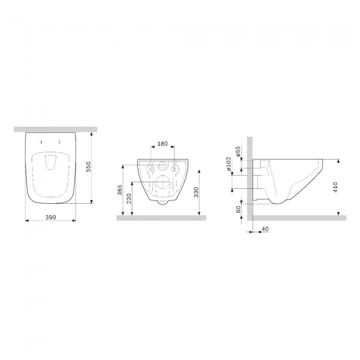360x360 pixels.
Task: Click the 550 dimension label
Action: point(89,167)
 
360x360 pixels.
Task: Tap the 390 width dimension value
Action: point(50,217)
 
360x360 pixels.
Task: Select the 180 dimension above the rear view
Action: point(162,144)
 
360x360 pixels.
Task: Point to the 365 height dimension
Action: point(120,190)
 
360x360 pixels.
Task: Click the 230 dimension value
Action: point(129,198)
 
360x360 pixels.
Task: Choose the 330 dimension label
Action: point(196,192)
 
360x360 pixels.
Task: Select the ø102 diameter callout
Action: point(228,164)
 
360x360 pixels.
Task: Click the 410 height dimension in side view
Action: point(335,187)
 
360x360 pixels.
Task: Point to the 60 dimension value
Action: point(238,209)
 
